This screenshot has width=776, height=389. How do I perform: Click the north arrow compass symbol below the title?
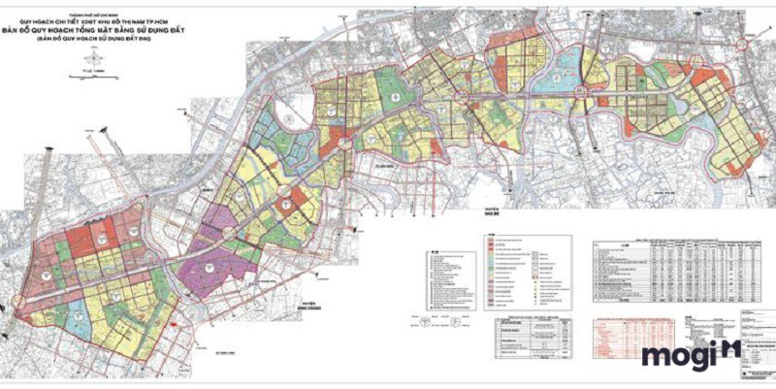[94, 58]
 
